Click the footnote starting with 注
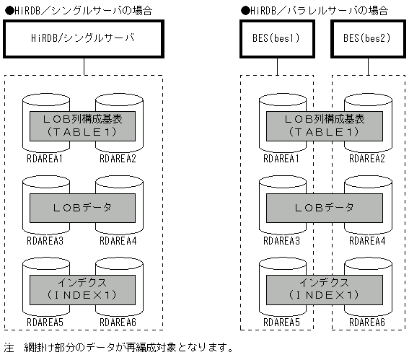click(119, 348)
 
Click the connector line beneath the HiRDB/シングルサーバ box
click(84, 66)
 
